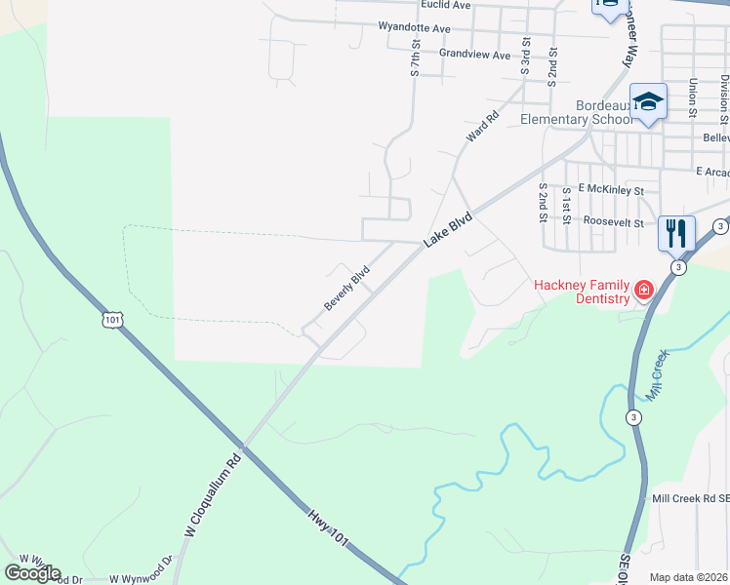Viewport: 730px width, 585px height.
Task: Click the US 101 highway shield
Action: [114, 320]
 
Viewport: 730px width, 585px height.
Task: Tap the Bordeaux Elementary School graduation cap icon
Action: [648, 102]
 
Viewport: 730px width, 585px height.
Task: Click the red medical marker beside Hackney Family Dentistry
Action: [643, 290]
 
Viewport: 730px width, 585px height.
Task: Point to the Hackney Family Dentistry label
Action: [582, 291]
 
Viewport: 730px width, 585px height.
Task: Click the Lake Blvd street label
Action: [448, 230]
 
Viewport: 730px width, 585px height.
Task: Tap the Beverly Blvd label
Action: [347, 289]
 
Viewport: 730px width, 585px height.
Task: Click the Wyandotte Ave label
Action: [414, 29]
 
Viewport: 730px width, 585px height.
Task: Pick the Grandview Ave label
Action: [474, 55]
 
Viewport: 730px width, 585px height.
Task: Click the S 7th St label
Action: [415, 60]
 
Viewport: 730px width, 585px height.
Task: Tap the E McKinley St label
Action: [611, 189]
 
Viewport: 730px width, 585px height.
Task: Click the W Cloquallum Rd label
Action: [212, 497]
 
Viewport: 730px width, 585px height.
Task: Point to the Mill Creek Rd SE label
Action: [689, 498]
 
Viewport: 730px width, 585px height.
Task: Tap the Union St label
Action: [692, 95]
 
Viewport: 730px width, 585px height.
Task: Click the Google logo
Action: [31, 573]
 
